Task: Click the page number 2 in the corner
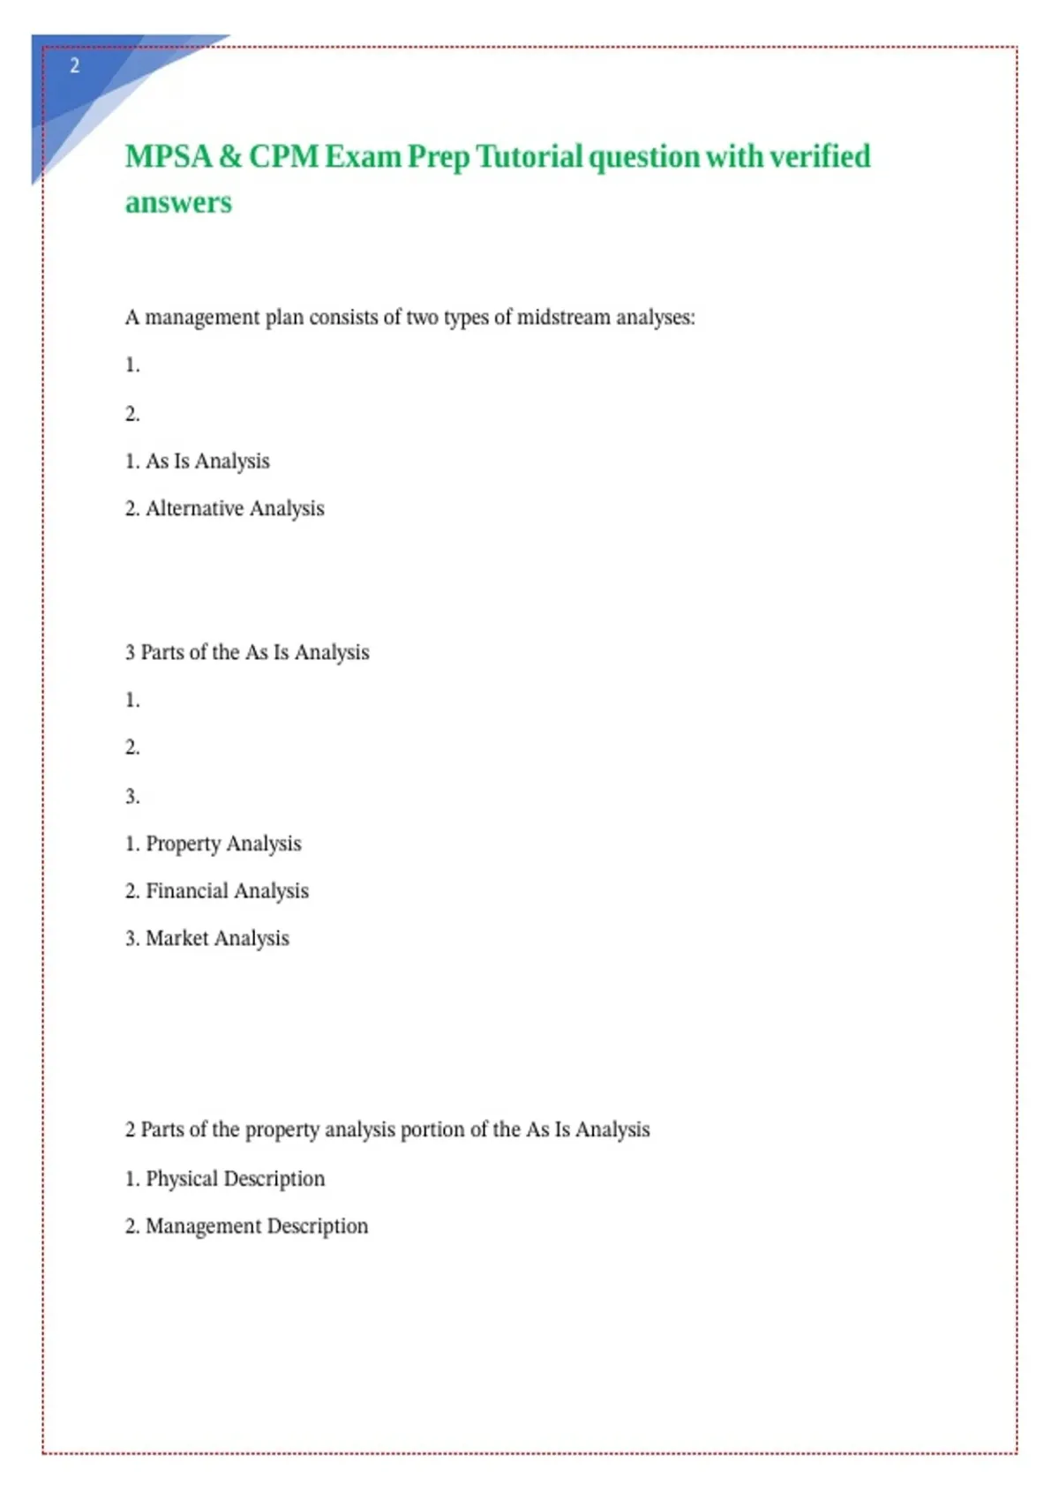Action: pos(75,65)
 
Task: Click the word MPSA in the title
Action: pos(169,156)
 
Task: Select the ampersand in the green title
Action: pos(229,156)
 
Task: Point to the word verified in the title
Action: pos(820,156)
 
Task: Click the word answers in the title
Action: pos(178,203)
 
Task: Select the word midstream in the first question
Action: pos(563,318)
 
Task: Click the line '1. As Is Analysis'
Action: pos(198,461)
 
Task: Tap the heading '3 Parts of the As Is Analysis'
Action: pos(247,653)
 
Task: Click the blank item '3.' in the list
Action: pos(132,797)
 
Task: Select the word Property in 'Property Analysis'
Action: pos(183,844)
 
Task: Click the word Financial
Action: pos(186,891)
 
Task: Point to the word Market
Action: pos(176,939)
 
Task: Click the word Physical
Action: pos(181,1179)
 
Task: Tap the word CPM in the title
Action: pos(283,156)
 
